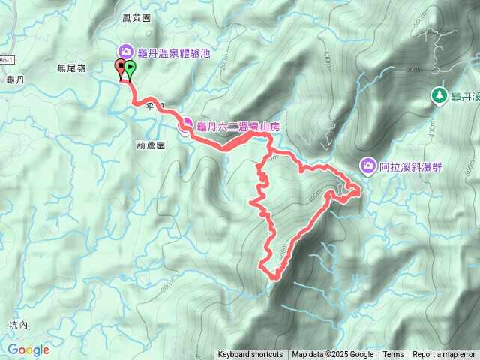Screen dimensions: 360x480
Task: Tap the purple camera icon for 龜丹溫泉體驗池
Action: point(124,51)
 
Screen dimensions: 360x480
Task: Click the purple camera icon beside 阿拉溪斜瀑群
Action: point(367,165)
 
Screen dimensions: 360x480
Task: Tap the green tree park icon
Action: point(439,95)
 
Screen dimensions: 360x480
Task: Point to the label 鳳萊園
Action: point(136,16)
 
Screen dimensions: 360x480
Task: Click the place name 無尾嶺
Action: point(72,67)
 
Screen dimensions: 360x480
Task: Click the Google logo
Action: point(28,349)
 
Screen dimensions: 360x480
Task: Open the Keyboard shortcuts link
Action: point(250,355)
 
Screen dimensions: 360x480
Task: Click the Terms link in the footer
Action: point(393,355)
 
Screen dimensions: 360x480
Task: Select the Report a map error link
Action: point(444,355)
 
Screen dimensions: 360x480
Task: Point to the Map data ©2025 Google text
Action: point(333,355)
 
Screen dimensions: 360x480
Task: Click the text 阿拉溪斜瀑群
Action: point(411,166)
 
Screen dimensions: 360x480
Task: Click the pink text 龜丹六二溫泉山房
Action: point(238,127)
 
